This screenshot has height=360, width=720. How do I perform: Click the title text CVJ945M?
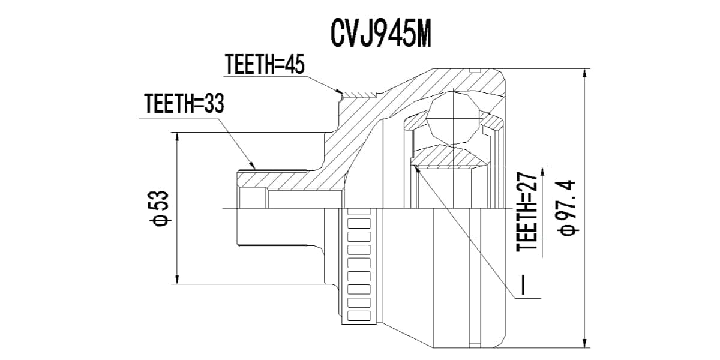pyautogui.click(x=380, y=35)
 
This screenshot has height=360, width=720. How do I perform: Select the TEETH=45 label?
pyautogui.click(x=264, y=64)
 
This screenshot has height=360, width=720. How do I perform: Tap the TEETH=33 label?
pyautogui.click(x=184, y=104)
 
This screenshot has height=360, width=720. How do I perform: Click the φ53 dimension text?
pyautogui.click(x=161, y=208)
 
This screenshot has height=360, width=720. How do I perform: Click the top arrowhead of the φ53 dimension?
pyautogui.click(x=178, y=137)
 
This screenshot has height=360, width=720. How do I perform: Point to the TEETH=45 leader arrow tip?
pyautogui.click(x=340, y=92)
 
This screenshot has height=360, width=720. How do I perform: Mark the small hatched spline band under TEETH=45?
pyautogui.click(x=358, y=94)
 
